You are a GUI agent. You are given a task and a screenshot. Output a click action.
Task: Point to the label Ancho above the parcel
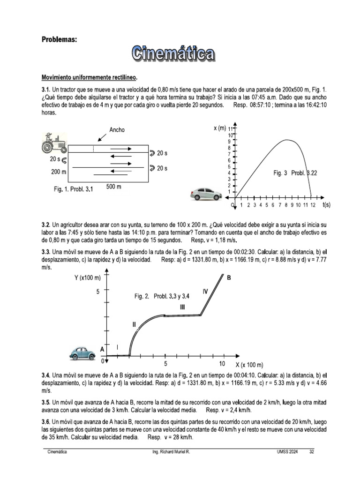(117, 130)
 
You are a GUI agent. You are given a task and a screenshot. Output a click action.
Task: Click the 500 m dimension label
(113, 187)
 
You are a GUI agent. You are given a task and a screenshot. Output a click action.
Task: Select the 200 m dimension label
(59, 172)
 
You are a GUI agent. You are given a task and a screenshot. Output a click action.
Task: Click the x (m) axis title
(220, 128)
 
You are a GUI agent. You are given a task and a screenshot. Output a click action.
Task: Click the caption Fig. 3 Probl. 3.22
(295, 173)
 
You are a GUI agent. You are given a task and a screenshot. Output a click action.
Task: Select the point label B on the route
(229, 278)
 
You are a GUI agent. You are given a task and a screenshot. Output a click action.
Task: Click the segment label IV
(205, 292)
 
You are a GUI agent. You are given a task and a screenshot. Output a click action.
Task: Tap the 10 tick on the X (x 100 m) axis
(222, 364)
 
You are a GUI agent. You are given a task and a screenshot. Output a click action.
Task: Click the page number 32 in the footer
(311, 451)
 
